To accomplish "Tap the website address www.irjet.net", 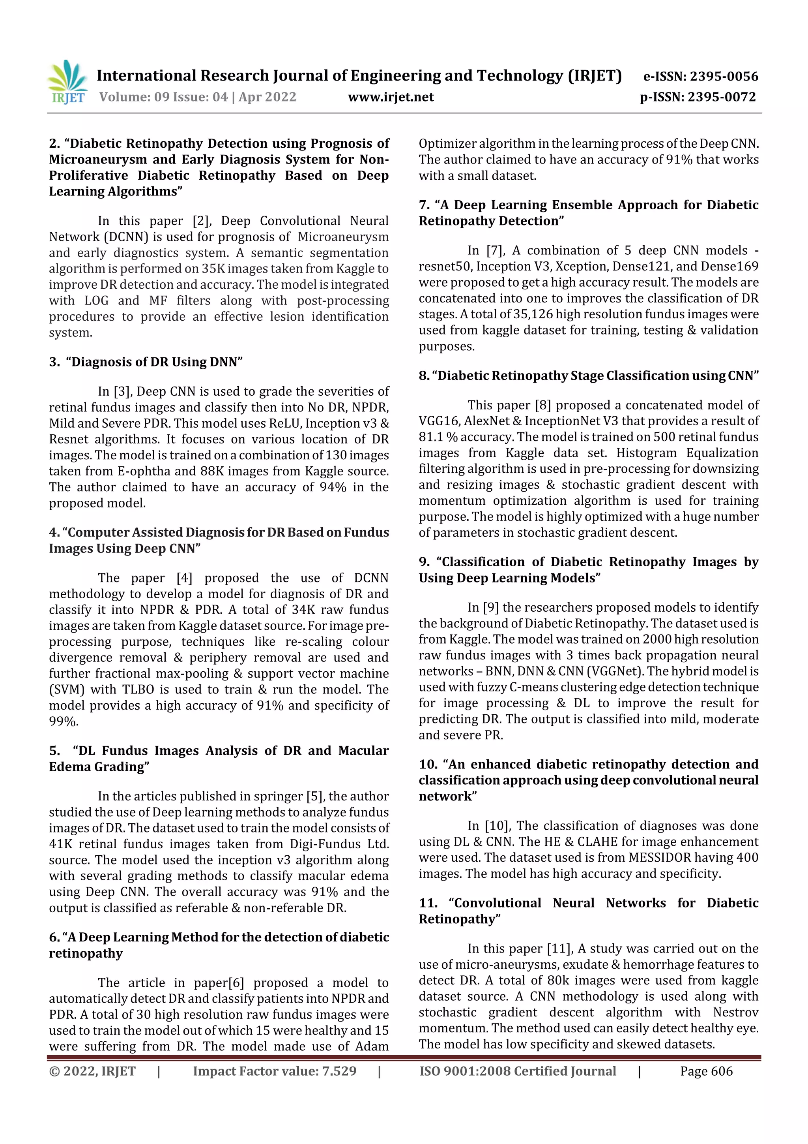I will point(391,97).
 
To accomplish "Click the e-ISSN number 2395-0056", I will point(723,76).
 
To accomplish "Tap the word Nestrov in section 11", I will point(735,1013).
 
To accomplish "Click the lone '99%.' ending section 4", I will point(64,721).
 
